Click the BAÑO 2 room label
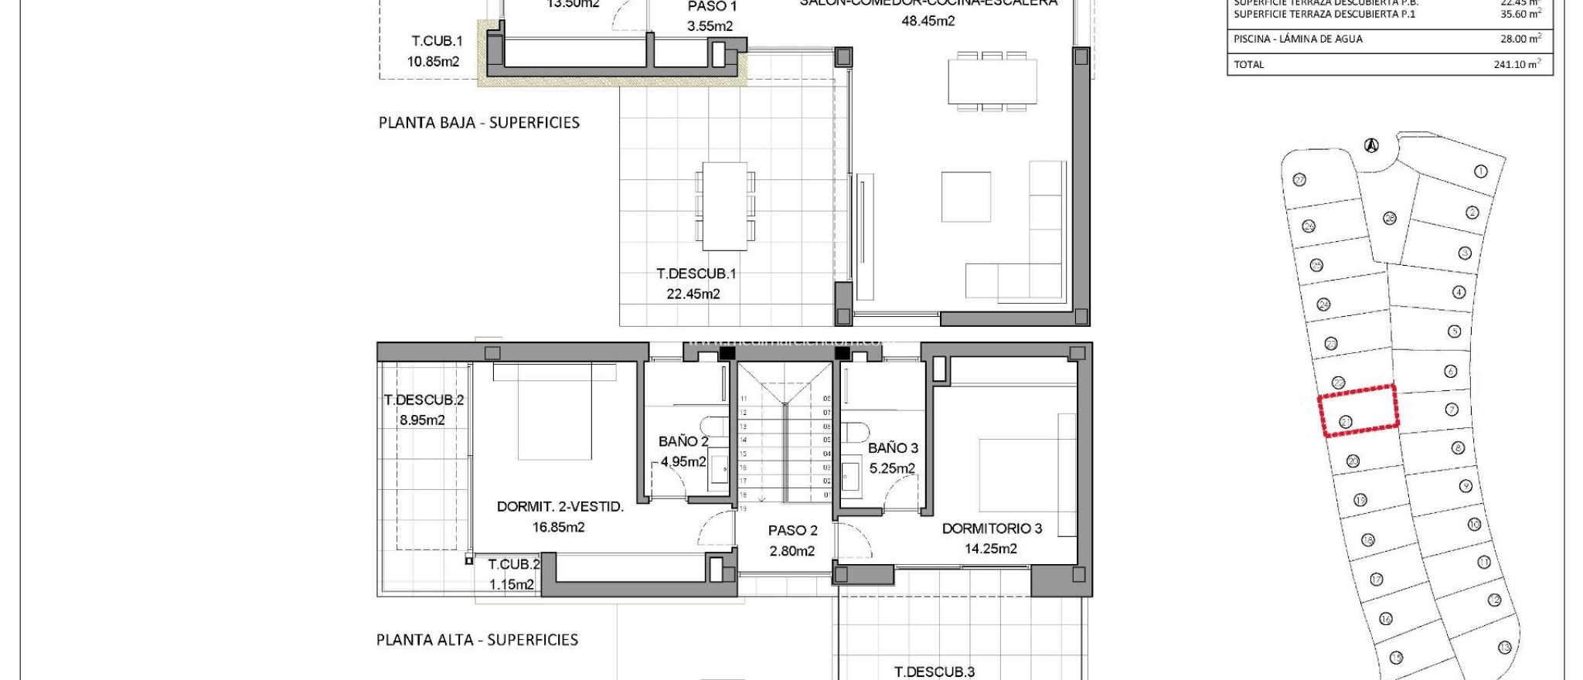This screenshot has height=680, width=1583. [x=683, y=441]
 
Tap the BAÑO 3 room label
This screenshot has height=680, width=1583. [x=893, y=447]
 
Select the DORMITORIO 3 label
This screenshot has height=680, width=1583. [x=992, y=529]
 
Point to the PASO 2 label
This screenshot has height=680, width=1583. [x=792, y=530]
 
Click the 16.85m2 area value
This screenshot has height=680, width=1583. [x=558, y=527]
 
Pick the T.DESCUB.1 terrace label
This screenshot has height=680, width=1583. [x=696, y=274]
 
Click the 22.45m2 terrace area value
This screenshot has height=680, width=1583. [x=693, y=294]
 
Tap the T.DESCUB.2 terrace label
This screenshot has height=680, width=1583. [x=424, y=399]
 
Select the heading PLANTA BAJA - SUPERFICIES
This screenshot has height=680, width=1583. [x=478, y=122]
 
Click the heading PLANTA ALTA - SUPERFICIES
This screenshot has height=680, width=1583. [x=477, y=640]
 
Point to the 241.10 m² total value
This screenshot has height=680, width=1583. [x=1517, y=64]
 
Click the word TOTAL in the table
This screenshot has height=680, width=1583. [x=1248, y=64]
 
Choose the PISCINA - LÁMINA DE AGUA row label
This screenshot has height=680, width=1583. [x=1298, y=39]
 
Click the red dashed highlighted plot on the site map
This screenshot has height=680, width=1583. [x=1358, y=410]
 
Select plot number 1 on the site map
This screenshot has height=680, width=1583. [x=1480, y=172]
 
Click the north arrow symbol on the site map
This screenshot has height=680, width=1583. [x=1371, y=145]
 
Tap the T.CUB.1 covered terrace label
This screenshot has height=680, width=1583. [x=437, y=41]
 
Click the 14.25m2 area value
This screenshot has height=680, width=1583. [x=990, y=549]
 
